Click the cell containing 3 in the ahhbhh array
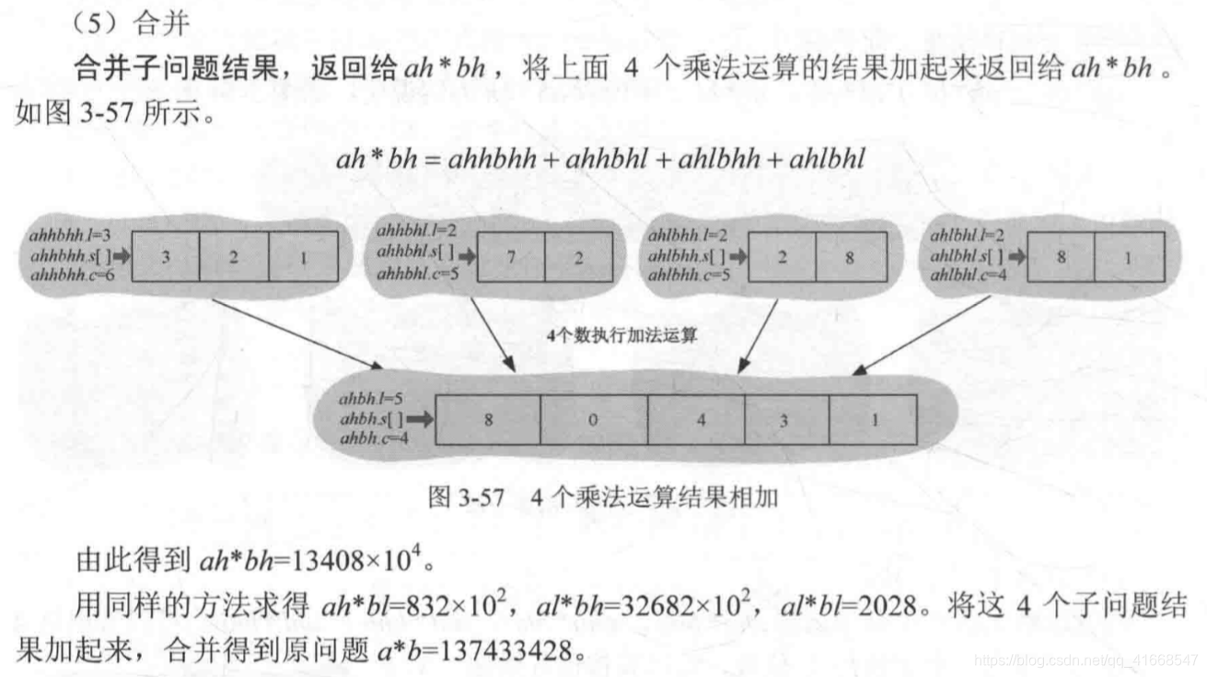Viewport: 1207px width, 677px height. pyautogui.click(x=166, y=257)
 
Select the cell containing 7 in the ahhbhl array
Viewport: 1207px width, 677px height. pyautogui.click(x=511, y=257)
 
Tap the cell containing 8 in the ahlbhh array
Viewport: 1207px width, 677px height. pyautogui.click(x=851, y=257)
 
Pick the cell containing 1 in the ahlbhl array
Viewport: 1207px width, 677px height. pyautogui.click(x=1129, y=257)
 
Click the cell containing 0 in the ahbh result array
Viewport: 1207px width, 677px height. pyautogui.click(x=593, y=419)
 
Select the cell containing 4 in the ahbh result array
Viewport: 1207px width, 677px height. pyautogui.click(x=702, y=419)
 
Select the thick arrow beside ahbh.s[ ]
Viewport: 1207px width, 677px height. pyautogui.click(x=420, y=419)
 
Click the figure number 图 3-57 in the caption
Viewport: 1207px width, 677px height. pyautogui.click(x=467, y=498)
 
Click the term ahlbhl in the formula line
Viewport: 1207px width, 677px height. pyautogui.click(x=822, y=158)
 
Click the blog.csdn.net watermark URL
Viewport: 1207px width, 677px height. pyautogui.click(x=1086, y=660)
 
